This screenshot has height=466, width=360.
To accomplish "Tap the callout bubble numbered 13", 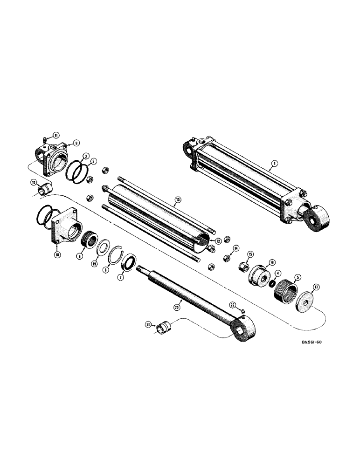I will click(x=177, y=202).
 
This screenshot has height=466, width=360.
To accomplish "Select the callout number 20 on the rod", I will click(x=176, y=308).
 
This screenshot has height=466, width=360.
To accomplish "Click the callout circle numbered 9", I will click(x=76, y=144).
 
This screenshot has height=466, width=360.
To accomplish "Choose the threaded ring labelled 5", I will click(x=285, y=291).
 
